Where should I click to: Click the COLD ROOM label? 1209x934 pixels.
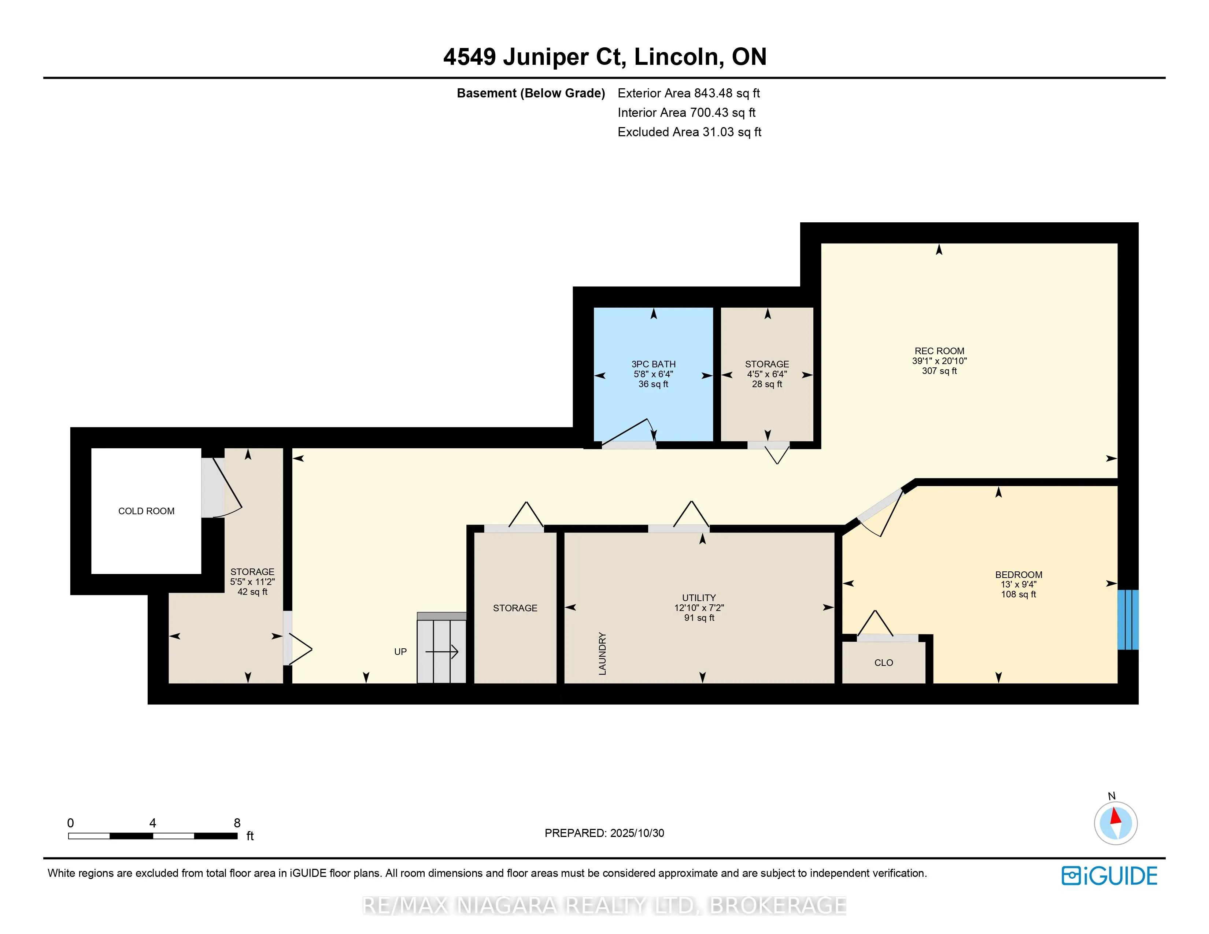[x=146, y=511]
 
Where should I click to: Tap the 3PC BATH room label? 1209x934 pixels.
[x=653, y=364]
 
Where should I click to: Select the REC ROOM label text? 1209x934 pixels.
[x=939, y=351]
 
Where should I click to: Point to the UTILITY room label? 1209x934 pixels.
[x=699, y=598]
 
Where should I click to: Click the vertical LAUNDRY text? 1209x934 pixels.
[x=602, y=653]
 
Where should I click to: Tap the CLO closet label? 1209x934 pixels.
[x=884, y=662]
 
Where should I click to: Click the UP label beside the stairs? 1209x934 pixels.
[x=400, y=652]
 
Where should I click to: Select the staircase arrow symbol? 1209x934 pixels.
[x=442, y=652]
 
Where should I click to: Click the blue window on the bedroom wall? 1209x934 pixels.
[x=1128, y=620]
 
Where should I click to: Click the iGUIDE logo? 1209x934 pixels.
[x=1109, y=876]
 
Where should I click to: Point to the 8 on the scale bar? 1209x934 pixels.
[x=237, y=823]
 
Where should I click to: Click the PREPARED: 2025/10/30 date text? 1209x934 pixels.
[x=604, y=833]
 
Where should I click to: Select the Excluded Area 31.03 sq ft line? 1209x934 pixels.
[x=689, y=132]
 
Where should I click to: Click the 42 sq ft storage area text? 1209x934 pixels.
[x=252, y=592]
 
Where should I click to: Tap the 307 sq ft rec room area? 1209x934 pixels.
[x=939, y=371]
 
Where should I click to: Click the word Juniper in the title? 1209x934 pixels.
[x=546, y=57]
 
